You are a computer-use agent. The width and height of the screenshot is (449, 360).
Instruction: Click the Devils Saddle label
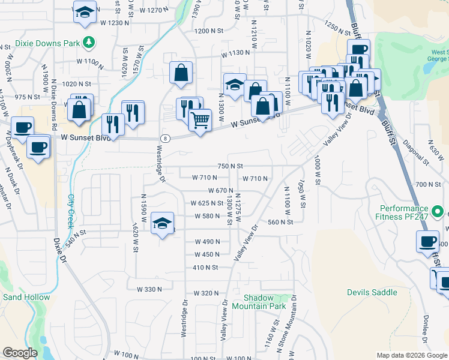point(372,292)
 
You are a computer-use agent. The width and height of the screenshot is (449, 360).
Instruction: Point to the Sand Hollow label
point(26,297)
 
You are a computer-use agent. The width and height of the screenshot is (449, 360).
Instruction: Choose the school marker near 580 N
point(162,223)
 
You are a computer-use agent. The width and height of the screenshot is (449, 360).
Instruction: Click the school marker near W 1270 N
point(85,11)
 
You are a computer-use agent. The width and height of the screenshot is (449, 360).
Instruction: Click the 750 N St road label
point(231,166)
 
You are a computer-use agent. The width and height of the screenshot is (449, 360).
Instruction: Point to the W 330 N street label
point(149,289)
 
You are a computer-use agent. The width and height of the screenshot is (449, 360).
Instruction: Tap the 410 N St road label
point(205,267)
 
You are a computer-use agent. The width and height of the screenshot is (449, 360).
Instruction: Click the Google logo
point(19,353)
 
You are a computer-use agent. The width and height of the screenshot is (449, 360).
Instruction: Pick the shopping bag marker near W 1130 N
point(181,73)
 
